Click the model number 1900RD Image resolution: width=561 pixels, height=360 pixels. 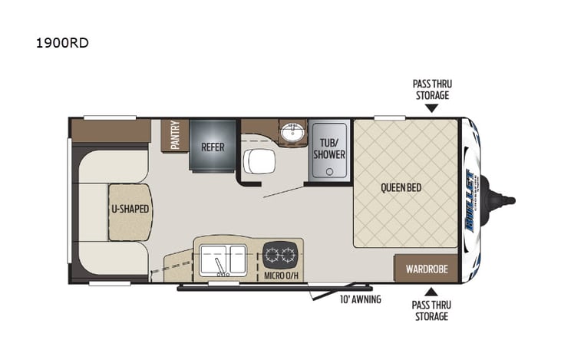61,44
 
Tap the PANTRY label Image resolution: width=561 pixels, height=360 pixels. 176,135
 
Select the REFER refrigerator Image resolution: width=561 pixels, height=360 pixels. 213,146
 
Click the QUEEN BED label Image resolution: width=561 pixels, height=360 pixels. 401,187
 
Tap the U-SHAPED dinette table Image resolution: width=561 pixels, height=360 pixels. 129,210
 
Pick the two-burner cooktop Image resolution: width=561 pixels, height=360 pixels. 278,254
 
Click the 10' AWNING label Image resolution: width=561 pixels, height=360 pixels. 361,299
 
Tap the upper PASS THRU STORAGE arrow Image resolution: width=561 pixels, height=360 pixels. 431,108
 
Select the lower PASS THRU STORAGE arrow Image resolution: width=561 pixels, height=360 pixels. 431,291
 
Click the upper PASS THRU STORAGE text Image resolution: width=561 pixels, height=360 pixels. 431,90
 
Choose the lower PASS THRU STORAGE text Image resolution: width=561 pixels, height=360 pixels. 431,310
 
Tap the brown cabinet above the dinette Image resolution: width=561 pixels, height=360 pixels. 111,130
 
